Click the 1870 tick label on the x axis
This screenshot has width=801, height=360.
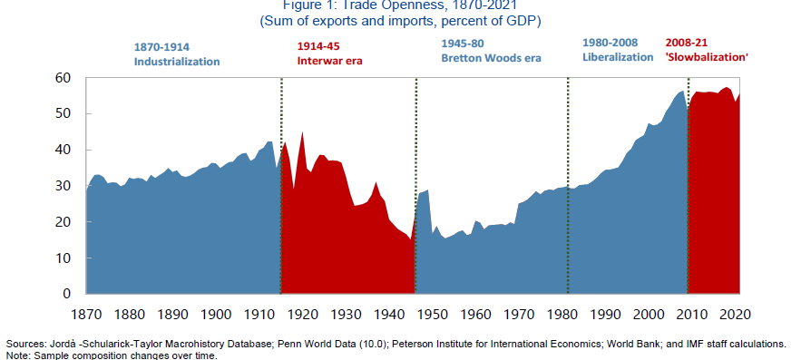click(x=87, y=315)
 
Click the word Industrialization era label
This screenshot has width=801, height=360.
click(x=177, y=62)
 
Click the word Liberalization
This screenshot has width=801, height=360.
click(x=617, y=57)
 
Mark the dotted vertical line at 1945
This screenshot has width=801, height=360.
click(x=415, y=181)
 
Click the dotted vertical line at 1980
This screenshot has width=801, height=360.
click(x=568, y=181)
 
